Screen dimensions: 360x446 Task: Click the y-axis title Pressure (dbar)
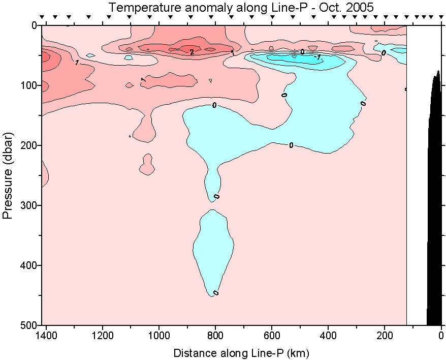click(7, 175)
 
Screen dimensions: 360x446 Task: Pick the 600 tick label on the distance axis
click(272, 336)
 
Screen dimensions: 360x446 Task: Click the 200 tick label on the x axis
click(385, 336)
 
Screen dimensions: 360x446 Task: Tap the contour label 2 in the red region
click(192, 52)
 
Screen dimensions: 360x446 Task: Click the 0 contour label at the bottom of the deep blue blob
click(216, 293)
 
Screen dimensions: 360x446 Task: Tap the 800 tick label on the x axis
click(216, 336)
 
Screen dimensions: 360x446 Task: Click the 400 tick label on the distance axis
click(329, 336)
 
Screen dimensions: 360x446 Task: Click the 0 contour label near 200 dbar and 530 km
click(291, 145)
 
